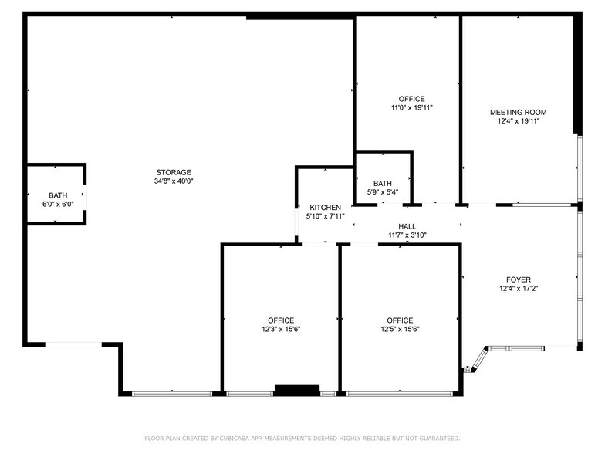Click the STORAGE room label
[173, 172]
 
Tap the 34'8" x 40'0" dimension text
[173, 181]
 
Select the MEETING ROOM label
[519, 112]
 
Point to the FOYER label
[519, 280]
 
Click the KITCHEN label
[325, 208]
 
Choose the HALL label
[407, 226]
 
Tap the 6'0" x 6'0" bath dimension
[58, 205]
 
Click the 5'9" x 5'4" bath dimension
[383, 191]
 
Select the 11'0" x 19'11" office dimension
[411, 108]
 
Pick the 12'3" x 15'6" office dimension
[281, 330]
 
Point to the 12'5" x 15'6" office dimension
[400, 330]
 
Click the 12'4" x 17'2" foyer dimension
[519, 289]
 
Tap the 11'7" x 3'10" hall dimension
[407, 235]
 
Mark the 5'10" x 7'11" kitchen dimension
[325, 217]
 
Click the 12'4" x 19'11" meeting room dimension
[519, 121]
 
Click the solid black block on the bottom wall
[297, 390]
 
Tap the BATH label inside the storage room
[58, 195]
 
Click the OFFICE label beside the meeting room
[411, 99]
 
